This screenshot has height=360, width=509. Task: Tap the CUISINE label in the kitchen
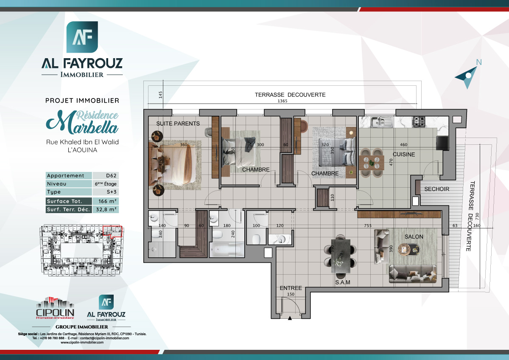403,155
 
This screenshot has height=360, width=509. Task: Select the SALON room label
414,236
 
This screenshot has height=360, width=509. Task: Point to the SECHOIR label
436,189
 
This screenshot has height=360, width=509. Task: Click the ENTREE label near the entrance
291,288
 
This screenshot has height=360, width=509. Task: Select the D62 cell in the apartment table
105,176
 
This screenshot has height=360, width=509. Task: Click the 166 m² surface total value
105,201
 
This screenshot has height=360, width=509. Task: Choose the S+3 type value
105,192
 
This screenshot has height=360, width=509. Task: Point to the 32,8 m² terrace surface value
105,209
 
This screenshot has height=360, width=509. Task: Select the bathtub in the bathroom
227,250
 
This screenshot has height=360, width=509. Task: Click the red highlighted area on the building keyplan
112,231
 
